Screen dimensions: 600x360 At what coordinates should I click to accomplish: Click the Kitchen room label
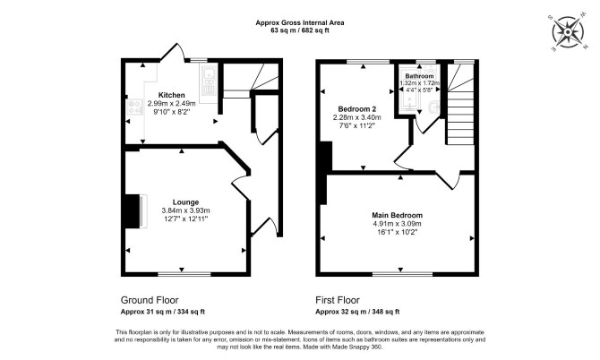(171, 95)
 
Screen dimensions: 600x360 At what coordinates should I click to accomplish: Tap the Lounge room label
(185, 202)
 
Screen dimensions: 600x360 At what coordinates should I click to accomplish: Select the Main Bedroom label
(398, 216)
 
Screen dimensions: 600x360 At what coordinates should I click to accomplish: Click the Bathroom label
(419, 76)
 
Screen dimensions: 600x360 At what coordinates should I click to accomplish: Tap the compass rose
(568, 32)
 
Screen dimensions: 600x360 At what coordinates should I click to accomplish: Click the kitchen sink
(209, 81)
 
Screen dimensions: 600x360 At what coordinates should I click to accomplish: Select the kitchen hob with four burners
(134, 107)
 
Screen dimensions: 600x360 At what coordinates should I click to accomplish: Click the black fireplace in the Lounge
(133, 211)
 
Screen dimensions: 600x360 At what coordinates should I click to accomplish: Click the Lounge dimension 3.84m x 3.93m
(185, 210)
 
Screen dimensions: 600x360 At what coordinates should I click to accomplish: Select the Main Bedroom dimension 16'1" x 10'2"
(398, 232)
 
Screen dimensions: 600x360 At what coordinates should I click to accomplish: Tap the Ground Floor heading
(150, 300)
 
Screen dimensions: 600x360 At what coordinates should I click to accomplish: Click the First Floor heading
(338, 300)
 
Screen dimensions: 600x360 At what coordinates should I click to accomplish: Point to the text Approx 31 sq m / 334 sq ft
(163, 312)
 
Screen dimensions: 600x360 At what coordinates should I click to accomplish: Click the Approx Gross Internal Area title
(300, 22)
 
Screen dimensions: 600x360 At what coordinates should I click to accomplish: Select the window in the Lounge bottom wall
(184, 274)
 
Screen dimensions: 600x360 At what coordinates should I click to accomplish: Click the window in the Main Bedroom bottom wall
(403, 274)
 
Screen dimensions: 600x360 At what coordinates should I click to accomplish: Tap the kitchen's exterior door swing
(174, 52)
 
